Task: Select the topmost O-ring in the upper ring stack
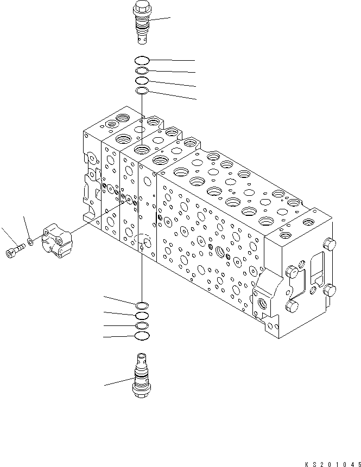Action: coord(142,60)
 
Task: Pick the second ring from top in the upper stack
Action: coord(141,71)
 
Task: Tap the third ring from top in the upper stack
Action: coord(142,81)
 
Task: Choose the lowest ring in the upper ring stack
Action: coord(142,90)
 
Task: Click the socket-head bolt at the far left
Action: coord(14,251)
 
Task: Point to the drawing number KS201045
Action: coord(332,462)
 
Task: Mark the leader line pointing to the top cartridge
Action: coord(160,20)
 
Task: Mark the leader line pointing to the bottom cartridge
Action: coord(118,382)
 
